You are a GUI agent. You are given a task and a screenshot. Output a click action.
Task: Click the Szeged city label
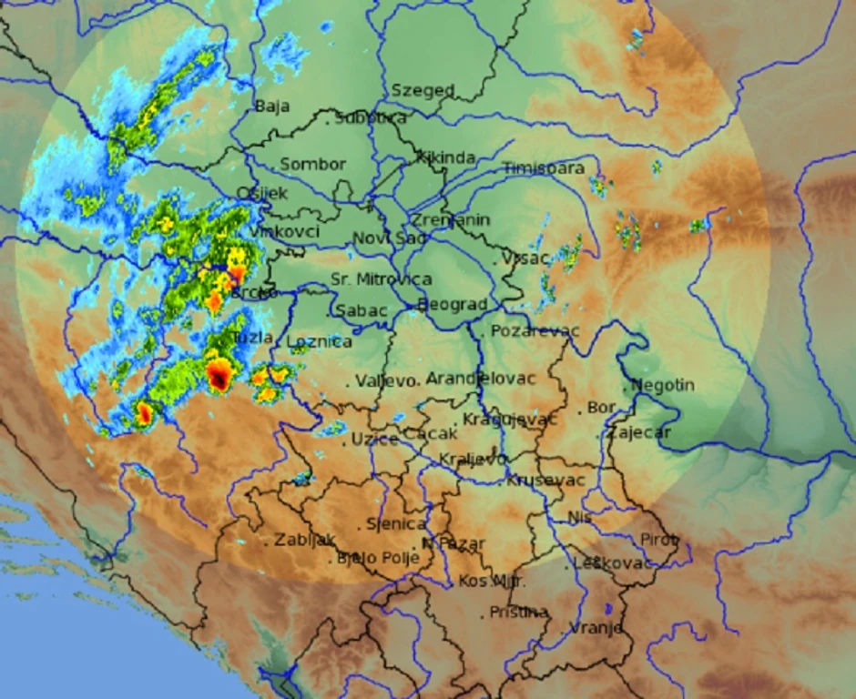click(423, 90)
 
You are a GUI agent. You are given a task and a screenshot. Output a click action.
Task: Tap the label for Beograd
click(453, 305)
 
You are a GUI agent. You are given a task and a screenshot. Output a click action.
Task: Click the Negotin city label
click(662, 385)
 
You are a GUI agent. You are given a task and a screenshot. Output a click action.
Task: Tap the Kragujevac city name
click(509, 420)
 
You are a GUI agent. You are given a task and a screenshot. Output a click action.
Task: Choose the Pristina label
click(518, 612)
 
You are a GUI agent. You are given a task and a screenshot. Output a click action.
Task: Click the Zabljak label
click(305, 539)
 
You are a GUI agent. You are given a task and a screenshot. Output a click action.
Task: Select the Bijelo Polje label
click(378, 557)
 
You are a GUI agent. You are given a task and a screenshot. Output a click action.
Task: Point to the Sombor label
click(312, 164)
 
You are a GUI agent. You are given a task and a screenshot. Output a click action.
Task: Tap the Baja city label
click(271, 106)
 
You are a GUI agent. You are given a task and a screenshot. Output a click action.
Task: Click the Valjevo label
click(385, 380)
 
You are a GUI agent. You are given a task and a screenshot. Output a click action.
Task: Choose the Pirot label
click(659, 539)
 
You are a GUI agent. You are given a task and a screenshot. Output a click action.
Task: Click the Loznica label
click(319, 342)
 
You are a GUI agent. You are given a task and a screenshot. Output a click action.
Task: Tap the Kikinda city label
click(446, 157)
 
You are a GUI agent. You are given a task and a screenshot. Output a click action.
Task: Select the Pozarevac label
click(535, 330)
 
